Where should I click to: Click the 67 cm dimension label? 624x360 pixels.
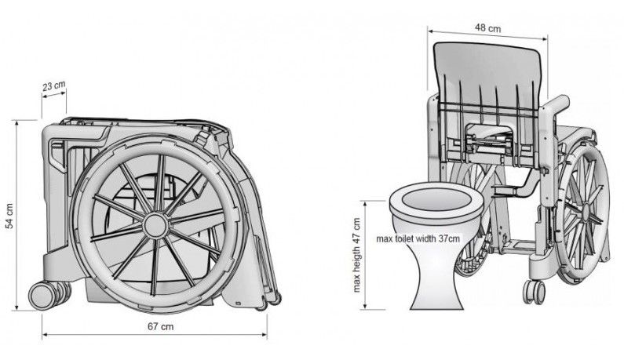(x=160, y=326)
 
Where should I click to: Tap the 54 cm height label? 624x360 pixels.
(x=9, y=216)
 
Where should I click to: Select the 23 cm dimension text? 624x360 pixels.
(x=53, y=85)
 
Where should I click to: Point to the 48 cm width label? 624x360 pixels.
(x=488, y=28)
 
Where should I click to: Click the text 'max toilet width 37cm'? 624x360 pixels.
(x=418, y=238)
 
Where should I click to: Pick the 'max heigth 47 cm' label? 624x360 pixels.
(x=356, y=255)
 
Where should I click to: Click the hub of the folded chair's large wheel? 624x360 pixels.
(x=155, y=226)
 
